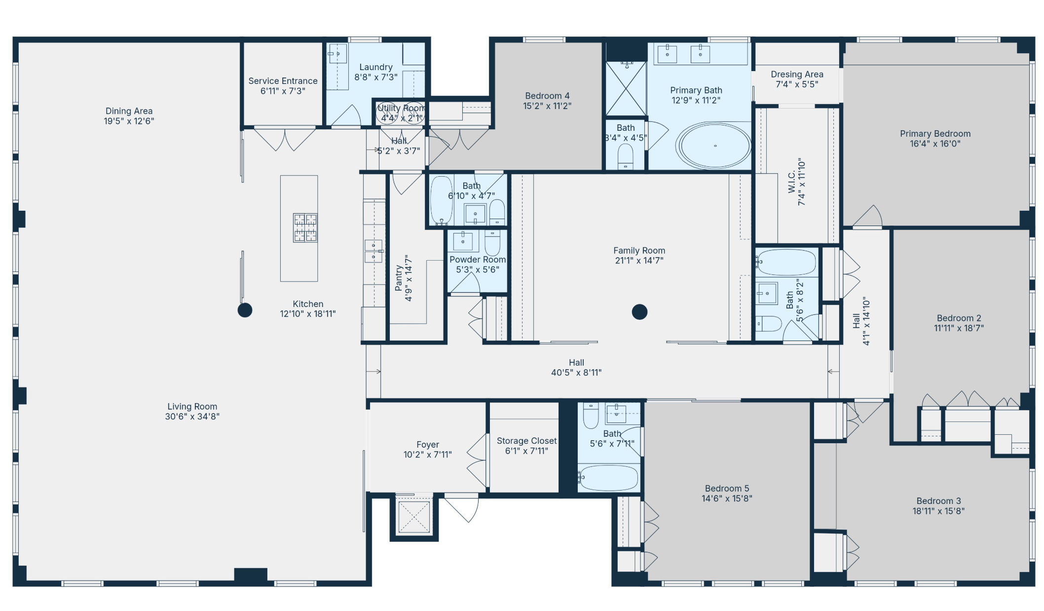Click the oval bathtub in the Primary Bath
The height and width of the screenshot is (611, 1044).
[x=714, y=146]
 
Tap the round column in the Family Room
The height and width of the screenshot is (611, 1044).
[x=639, y=312]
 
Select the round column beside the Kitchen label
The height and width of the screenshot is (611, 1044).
[x=245, y=310]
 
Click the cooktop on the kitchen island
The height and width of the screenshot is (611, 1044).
[x=305, y=228]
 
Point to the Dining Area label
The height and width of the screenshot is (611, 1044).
[x=129, y=111]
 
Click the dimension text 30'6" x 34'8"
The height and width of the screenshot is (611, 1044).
[x=192, y=417]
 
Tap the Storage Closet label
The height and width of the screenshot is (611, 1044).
[x=526, y=441]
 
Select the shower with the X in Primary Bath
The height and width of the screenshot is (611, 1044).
[x=626, y=89]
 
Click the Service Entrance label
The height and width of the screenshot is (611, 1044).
[x=283, y=81]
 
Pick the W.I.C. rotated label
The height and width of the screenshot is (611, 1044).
[x=792, y=182]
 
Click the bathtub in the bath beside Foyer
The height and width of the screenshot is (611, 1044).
[x=609, y=477]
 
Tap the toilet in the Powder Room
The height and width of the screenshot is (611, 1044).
[x=492, y=242]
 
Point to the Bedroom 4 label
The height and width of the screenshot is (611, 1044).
[x=547, y=96]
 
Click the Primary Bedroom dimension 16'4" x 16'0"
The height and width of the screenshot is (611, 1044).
[x=935, y=144]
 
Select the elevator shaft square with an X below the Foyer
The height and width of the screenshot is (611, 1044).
[x=414, y=517]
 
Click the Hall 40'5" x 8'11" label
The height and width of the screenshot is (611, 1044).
[x=576, y=368]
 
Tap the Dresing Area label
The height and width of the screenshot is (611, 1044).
[x=797, y=75]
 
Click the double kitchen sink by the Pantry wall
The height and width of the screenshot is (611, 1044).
[x=373, y=251]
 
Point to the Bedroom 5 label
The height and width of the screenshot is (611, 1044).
[x=727, y=489]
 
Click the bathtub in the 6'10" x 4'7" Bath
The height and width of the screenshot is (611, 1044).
[x=441, y=200]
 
